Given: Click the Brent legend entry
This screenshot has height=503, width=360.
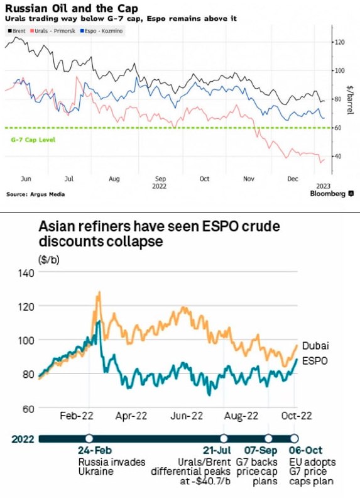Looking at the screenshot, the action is (x=17, y=31).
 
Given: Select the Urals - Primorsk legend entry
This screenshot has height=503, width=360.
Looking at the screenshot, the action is (x=53, y=31).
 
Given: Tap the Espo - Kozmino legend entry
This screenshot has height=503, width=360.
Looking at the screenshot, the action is (x=101, y=31).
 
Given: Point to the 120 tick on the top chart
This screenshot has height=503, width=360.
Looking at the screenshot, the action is (x=340, y=42).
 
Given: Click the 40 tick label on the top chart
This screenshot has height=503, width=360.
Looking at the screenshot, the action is (x=338, y=156).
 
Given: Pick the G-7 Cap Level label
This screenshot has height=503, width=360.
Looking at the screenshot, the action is (x=33, y=140).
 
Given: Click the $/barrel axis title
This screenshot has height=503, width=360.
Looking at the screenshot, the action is (x=350, y=100).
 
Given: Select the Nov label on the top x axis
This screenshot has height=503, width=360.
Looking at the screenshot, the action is (x=248, y=179).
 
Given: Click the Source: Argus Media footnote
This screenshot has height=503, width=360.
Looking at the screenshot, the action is (x=35, y=194).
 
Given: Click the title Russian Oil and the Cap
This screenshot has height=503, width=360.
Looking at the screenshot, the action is (x=72, y=8).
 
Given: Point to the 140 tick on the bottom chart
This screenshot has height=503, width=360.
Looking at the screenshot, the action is (x=26, y=273).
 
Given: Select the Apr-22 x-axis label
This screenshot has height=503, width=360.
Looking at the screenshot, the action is (x=131, y=416).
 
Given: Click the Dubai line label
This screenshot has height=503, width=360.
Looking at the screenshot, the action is (x=315, y=345).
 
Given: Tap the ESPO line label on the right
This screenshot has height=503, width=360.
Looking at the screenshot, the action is (x=315, y=361).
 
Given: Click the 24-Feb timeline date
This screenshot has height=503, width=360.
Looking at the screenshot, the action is (x=95, y=450).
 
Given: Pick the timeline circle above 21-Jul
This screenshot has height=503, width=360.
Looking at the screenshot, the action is (x=224, y=438).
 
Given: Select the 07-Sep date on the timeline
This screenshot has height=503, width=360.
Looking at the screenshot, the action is (x=261, y=450).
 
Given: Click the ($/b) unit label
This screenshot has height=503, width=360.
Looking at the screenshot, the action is (x=49, y=260).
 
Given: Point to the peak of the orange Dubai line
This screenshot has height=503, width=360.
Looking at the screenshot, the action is (x=99, y=292).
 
